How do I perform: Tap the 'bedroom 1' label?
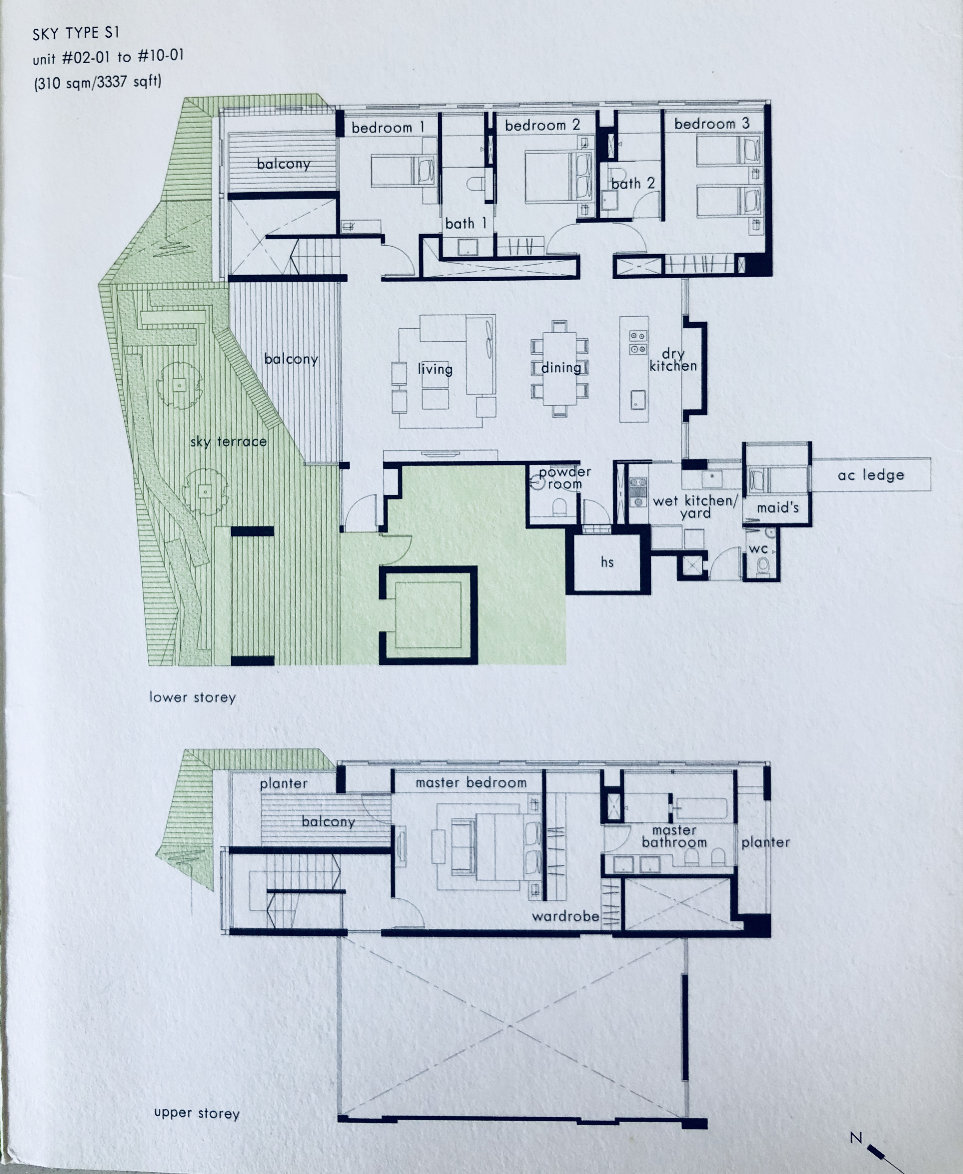pyautogui.click(x=388, y=128)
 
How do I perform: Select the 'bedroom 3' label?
pyautogui.click(x=712, y=124)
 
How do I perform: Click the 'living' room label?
pyautogui.click(x=435, y=369)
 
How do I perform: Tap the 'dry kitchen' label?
pyautogui.click(x=673, y=360)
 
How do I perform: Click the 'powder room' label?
pyautogui.click(x=565, y=478)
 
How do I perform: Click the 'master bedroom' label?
pyautogui.click(x=471, y=783)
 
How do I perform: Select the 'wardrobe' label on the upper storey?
pyautogui.click(x=565, y=916)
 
